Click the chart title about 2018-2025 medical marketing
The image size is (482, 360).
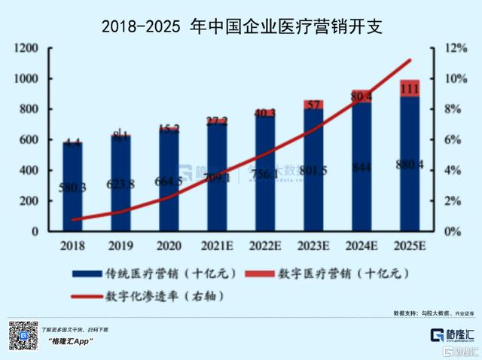(241, 27)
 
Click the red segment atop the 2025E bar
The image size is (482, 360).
(410, 88)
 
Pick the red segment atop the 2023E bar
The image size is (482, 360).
(313, 105)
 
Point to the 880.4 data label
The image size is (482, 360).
(410, 165)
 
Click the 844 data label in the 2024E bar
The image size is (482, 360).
(362, 167)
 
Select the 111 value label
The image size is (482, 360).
(410, 90)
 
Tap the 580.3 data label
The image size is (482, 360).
(73, 187)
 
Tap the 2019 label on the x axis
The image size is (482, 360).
(120, 246)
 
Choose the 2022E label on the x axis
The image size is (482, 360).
(265, 246)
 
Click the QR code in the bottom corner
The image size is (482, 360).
(23, 335)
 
